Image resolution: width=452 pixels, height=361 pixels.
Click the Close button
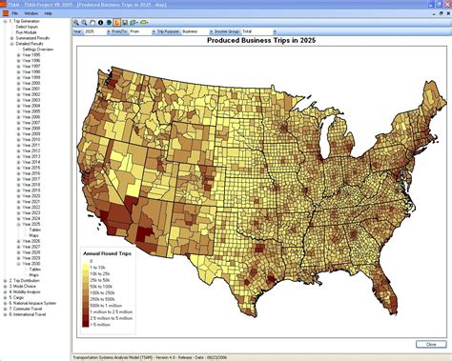click(426, 345)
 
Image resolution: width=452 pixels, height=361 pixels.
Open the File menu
click(15, 13)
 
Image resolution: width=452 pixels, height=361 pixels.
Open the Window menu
click(31, 13)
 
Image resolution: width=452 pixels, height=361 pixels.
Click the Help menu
click(47, 13)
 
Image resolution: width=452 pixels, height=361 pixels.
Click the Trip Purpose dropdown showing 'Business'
click(201, 30)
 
